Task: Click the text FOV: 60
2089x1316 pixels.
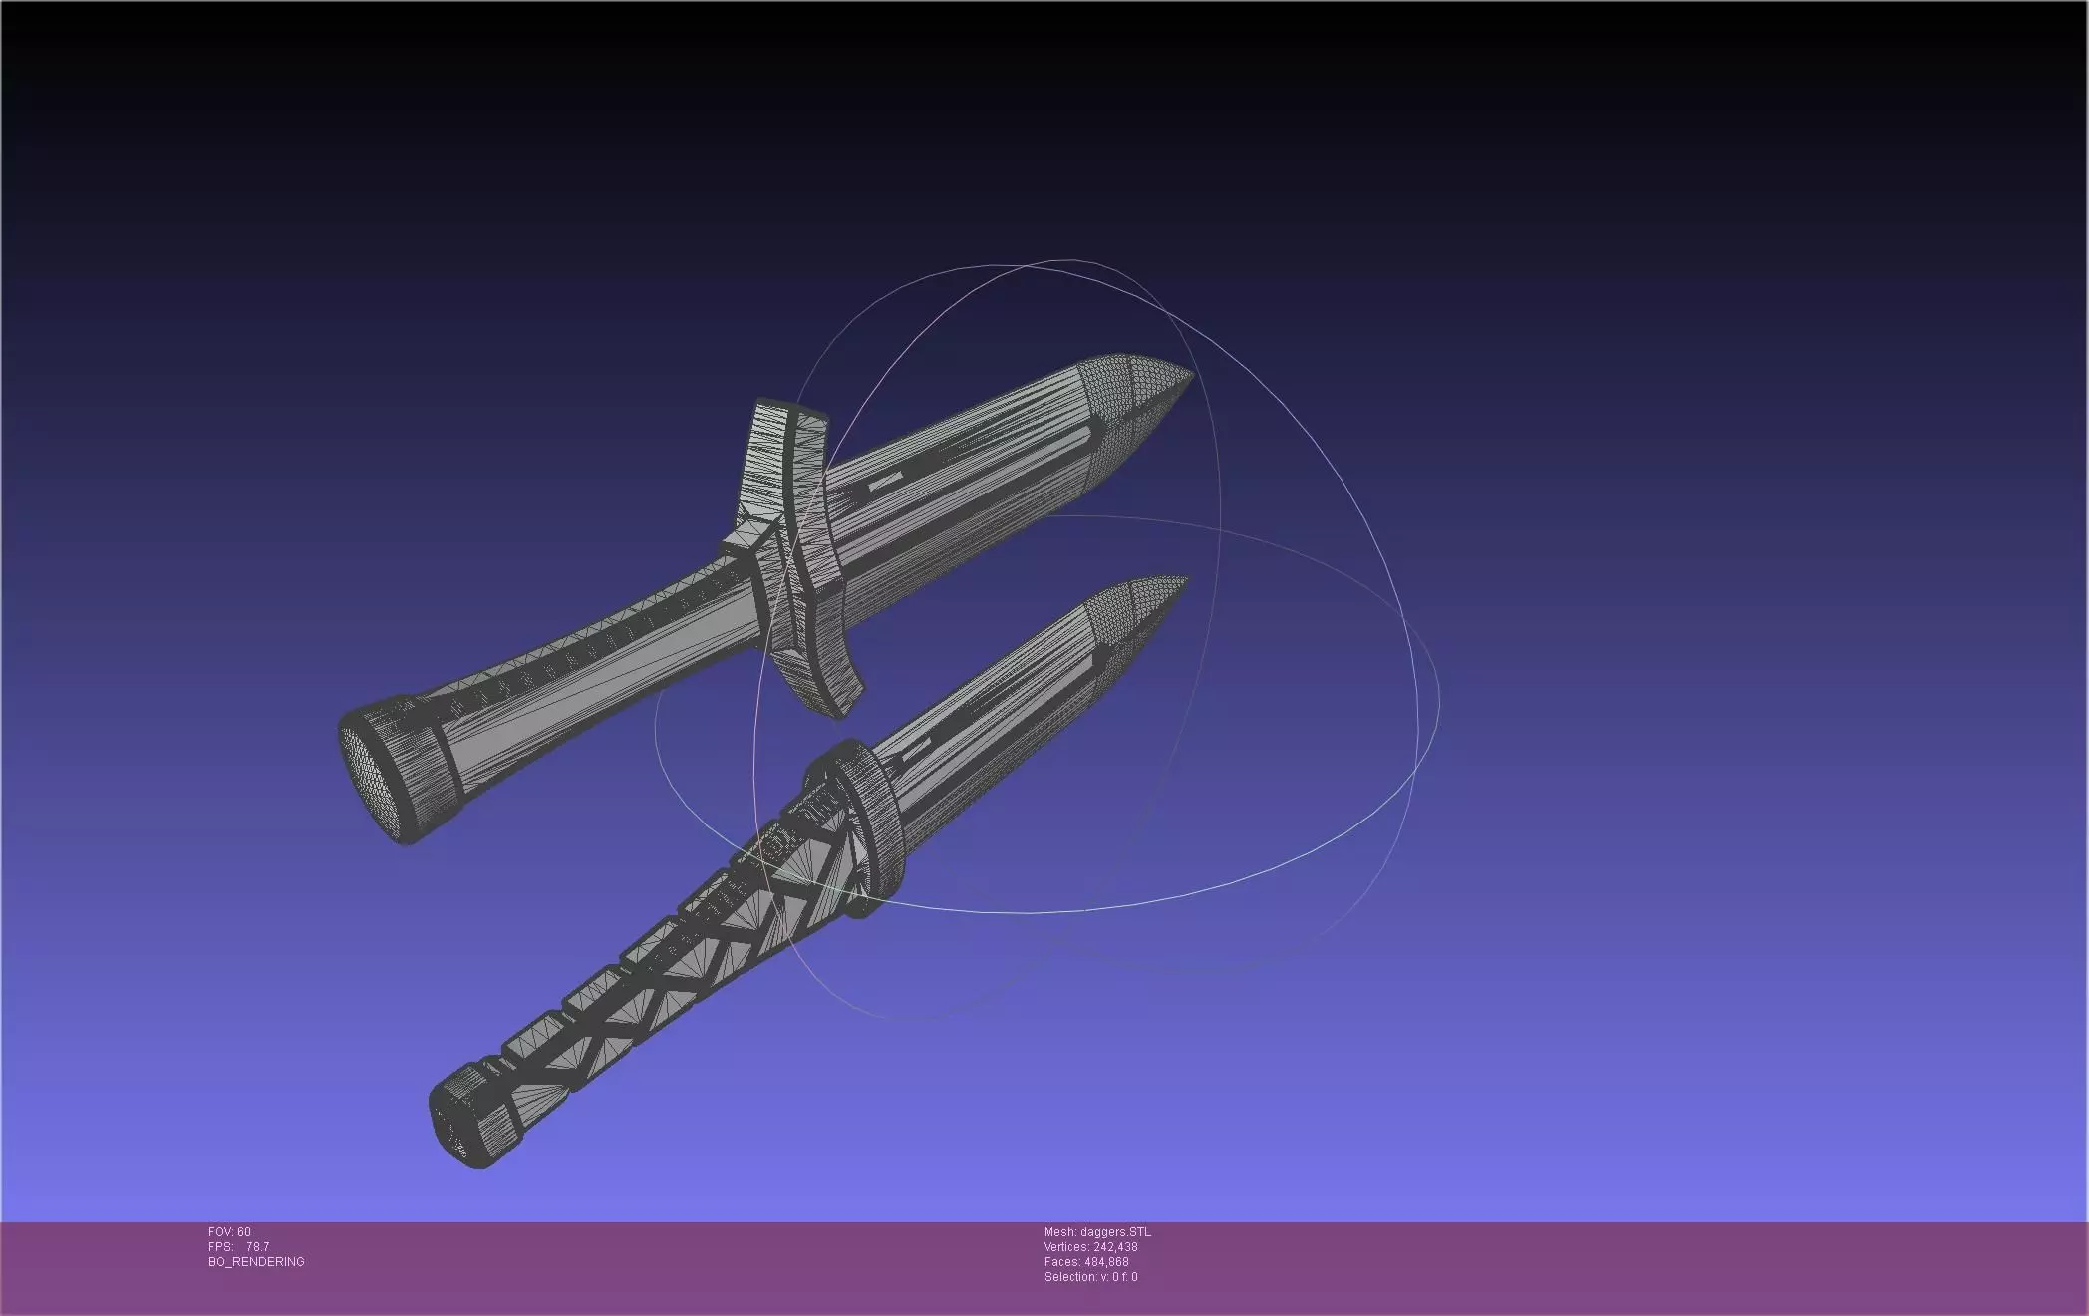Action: [229, 1232]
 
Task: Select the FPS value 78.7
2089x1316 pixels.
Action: [257, 1247]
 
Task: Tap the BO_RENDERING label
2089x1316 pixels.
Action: [256, 1262]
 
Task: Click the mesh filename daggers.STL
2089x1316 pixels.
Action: [1115, 1232]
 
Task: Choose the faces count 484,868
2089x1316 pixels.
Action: [1106, 1262]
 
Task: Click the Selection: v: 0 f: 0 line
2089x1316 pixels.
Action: [1090, 1277]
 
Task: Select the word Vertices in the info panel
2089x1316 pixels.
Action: [1065, 1247]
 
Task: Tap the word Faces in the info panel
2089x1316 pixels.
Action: [1060, 1262]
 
